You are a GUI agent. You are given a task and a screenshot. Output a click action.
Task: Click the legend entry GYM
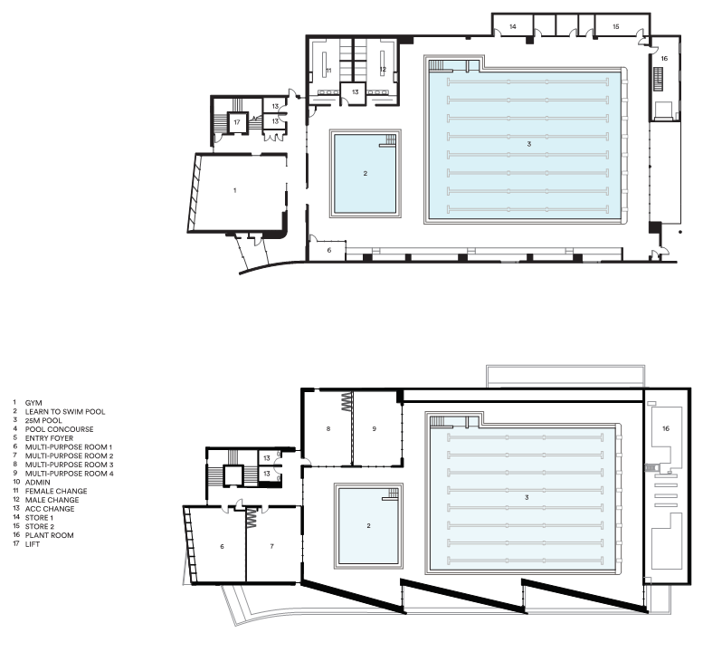(33, 403)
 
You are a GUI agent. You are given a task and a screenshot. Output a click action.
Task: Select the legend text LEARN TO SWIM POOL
(65, 411)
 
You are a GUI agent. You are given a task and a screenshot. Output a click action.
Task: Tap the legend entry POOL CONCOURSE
(59, 429)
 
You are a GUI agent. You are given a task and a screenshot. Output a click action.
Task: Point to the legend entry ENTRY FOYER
(49, 438)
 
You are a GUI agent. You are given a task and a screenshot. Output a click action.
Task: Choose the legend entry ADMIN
(38, 483)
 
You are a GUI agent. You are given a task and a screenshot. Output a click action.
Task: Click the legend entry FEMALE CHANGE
(56, 491)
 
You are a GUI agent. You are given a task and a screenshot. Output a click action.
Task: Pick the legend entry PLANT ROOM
(50, 535)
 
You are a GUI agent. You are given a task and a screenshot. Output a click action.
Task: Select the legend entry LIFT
(33, 544)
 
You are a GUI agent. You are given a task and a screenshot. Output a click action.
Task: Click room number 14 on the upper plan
(512, 26)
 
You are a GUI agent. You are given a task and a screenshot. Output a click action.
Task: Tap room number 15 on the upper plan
(615, 26)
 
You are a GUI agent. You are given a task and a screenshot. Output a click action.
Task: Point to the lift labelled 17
(237, 122)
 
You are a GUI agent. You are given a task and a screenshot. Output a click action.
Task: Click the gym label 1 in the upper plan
(234, 190)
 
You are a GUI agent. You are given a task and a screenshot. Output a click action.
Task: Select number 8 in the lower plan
(328, 428)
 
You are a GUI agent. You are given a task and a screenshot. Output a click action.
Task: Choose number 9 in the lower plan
(375, 428)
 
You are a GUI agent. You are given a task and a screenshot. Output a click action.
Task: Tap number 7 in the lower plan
(271, 546)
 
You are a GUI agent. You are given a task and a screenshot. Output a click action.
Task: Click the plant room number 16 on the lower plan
(665, 428)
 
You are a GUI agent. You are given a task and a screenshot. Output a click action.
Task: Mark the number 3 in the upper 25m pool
(529, 144)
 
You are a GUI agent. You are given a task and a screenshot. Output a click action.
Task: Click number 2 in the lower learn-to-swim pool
(368, 525)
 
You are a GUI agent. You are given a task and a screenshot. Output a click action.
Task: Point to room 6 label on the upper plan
(329, 250)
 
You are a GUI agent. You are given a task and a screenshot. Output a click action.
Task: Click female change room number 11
(328, 71)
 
